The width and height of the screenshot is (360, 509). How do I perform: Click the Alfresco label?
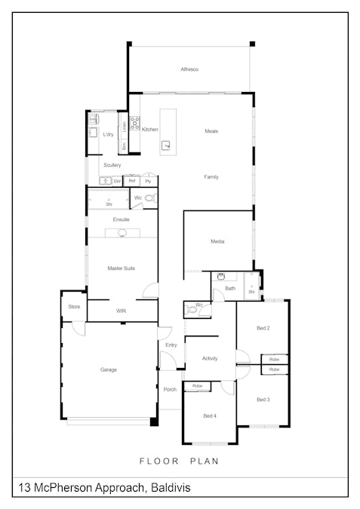click(x=189, y=69)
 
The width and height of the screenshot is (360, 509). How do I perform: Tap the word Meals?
click(x=211, y=131)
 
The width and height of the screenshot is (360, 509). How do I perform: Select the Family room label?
click(x=211, y=176)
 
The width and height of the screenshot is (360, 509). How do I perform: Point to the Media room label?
click(x=217, y=241)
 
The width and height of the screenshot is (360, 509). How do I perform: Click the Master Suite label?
click(x=121, y=268)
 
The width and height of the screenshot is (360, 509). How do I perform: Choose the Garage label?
click(x=109, y=369)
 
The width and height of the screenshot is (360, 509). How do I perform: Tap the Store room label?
click(x=74, y=307)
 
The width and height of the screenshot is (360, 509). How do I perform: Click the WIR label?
click(x=121, y=311)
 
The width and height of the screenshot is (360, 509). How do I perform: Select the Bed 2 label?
click(x=263, y=328)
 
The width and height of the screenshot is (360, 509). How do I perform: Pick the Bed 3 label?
click(x=263, y=399)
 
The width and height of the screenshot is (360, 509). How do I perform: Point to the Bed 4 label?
click(x=210, y=415)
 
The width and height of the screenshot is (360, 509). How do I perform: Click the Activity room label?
click(x=210, y=358)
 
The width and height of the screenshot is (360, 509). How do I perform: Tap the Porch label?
click(x=170, y=389)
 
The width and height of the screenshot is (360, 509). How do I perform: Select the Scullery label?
click(x=112, y=164)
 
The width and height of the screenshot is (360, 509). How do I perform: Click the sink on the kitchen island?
click(x=167, y=146)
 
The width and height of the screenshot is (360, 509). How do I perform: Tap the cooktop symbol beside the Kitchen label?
click(x=134, y=123)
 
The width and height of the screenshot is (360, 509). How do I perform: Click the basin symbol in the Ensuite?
click(x=122, y=234)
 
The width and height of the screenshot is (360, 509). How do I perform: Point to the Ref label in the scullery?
click(x=132, y=181)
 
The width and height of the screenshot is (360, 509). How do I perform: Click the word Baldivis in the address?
click(x=170, y=488)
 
